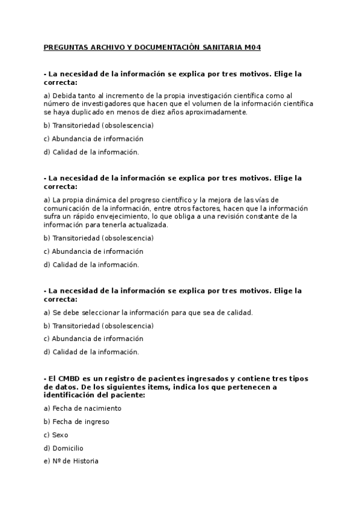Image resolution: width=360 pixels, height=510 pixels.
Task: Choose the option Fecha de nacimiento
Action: [x=87, y=408]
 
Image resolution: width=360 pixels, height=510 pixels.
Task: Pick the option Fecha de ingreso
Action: [x=81, y=422]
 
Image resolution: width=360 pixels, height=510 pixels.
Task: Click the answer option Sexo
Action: [x=60, y=435]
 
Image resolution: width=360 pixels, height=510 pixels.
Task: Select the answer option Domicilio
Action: [x=67, y=448]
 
